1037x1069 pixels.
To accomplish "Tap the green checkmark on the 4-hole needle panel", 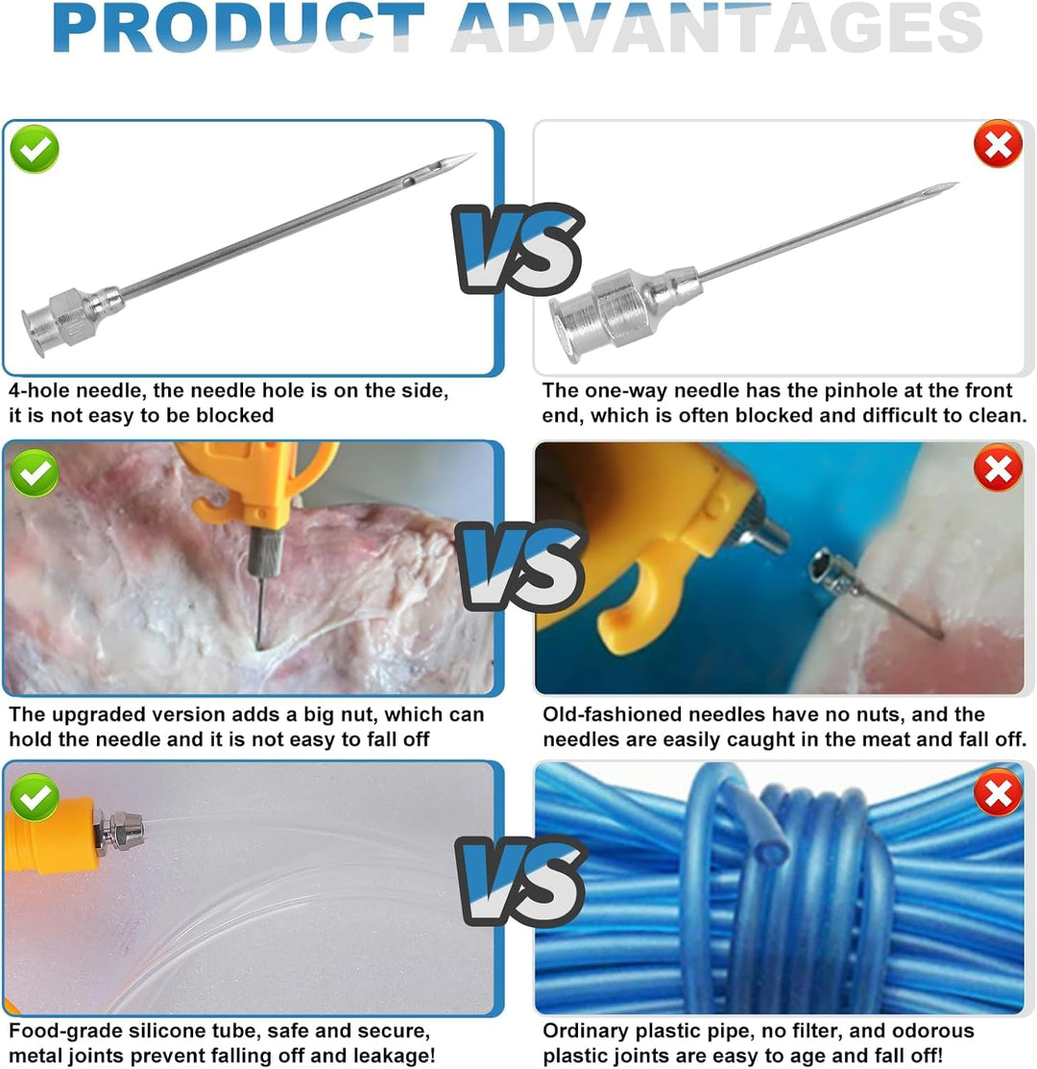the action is (35, 149).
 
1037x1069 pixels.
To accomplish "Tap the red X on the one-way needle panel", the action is (999, 144).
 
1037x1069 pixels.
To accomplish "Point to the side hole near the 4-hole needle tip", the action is (409, 182).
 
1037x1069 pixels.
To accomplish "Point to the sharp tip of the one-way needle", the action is (957, 183).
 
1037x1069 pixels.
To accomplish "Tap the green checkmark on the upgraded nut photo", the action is (35, 474).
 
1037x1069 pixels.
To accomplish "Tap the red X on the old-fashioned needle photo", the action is (999, 469).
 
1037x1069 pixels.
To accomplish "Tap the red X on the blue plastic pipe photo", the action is (999, 792).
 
